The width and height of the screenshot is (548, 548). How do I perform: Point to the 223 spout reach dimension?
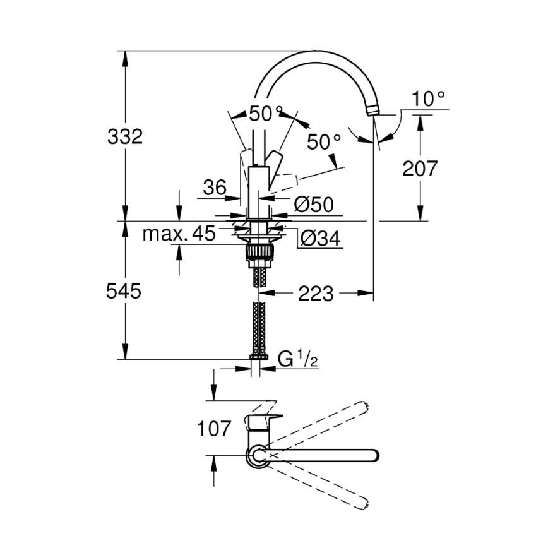pos(316,293)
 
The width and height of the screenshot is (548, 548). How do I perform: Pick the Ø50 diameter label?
pos(314,204)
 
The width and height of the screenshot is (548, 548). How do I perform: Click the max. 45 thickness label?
pos(179,234)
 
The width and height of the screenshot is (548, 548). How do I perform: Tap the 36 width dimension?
pos(215,188)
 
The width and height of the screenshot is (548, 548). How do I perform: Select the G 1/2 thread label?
pos(297,360)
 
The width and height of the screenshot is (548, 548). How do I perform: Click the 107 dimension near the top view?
pos(213,429)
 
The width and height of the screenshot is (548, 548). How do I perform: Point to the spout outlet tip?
pos(372,112)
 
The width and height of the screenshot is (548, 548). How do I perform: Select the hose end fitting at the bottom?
pos(258,357)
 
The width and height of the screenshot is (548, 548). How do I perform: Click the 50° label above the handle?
pos(265,114)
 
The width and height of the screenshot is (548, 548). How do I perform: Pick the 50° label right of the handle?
pos(323,142)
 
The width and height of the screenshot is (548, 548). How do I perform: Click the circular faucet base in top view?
pos(257,455)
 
